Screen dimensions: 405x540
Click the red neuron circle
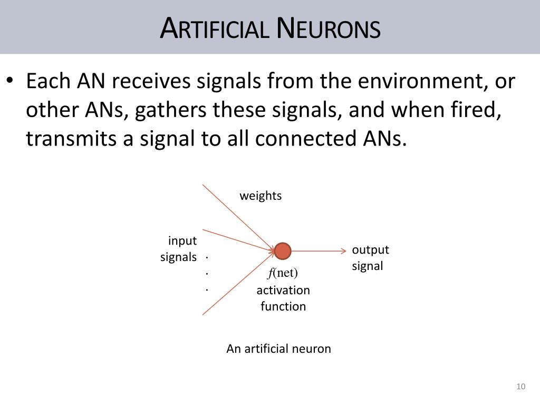[x=283, y=252]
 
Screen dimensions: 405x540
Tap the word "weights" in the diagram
[x=261, y=196]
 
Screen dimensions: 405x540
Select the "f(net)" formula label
[x=283, y=273]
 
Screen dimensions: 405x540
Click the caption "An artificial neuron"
[x=278, y=349]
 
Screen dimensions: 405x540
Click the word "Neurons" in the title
[x=328, y=28]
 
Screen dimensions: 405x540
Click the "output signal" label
[x=370, y=258]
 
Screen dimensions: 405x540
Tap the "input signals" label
[x=179, y=249]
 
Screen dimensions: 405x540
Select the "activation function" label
[x=283, y=298]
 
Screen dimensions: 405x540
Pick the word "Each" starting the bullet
[x=48, y=82]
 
